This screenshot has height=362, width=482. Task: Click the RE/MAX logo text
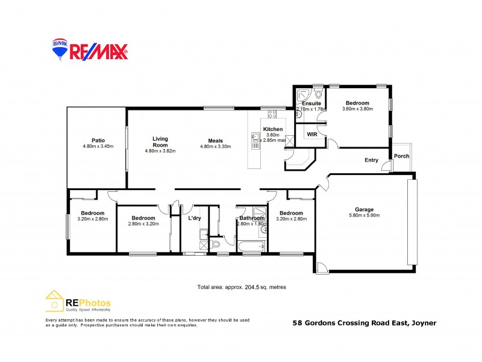click(99, 52)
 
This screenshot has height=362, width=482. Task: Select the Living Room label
click(160, 142)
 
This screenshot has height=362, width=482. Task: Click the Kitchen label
click(273, 130)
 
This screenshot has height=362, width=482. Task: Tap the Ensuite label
click(311, 103)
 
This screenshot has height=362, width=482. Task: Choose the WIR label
click(312, 134)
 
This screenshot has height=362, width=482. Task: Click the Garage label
click(364, 209)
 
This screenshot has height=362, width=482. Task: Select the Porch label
click(401, 156)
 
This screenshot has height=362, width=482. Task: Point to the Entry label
click(371, 160)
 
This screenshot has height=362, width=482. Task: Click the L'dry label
click(195, 218)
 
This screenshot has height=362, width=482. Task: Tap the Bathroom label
click(251, 218)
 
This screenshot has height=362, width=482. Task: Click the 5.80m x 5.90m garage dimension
click(364, 215)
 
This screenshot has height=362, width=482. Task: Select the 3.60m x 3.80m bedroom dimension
click(358, 109)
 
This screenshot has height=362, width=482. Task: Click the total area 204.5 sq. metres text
click(242, 287)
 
